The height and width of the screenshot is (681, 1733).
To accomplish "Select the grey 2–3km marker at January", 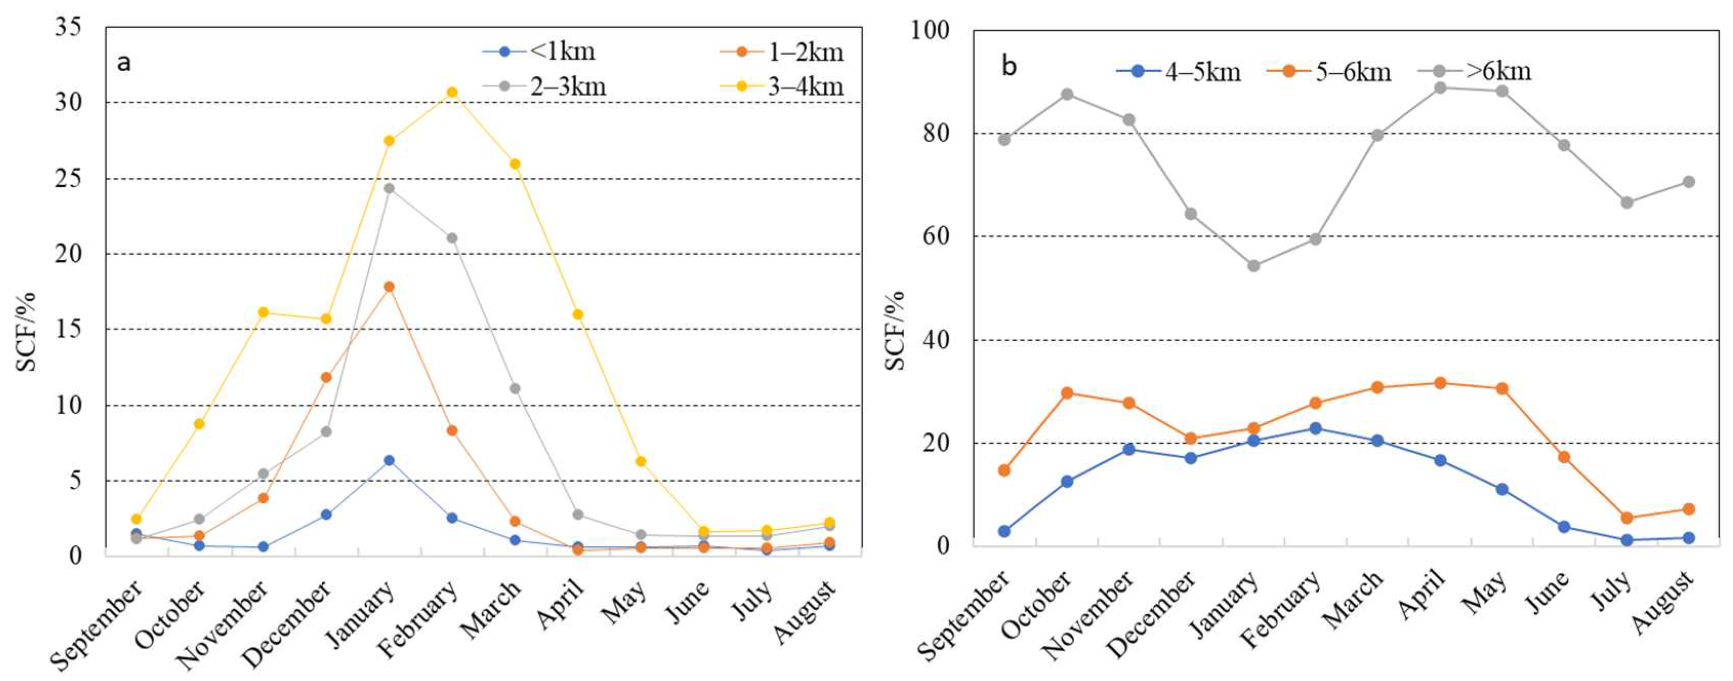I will [389, 189].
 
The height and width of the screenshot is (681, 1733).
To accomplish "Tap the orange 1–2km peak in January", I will [389, 286].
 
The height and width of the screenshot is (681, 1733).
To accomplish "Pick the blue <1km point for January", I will [389, 460].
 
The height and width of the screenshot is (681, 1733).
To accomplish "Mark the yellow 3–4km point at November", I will [263, 312].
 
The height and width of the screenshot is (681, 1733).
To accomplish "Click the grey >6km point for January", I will [1254, 266].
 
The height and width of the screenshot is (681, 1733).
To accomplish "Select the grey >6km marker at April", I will [1440, 88].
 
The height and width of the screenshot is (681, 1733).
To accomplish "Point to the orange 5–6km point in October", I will [1067, 393].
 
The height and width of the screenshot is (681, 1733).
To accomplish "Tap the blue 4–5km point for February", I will [1315, 429].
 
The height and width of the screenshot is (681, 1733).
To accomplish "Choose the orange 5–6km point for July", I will [1627, 518].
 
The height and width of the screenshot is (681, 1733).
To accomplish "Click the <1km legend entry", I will [538, 51].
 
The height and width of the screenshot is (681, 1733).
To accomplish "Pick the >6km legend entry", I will [1475, 71].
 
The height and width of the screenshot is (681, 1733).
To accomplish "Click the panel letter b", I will [1009, 66].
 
